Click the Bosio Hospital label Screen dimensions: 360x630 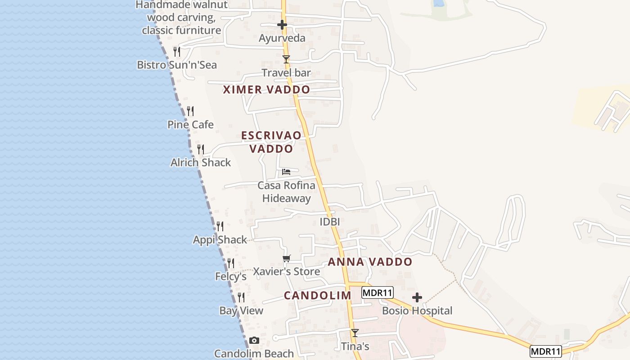coord(417,310)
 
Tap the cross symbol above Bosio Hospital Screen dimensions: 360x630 coord(417,297)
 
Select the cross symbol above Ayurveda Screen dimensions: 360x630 coord(282,25)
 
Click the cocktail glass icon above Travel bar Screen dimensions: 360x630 coord(286,59)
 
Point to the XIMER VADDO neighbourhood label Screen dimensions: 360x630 coord(266,90)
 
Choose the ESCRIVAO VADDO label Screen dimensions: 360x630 coord(271,142)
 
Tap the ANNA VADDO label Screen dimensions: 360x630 coord(370,262)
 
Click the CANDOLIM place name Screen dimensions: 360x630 coord(317,296)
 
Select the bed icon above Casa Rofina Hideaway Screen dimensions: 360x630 coord(286,171)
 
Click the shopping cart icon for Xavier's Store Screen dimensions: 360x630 coord(286,258)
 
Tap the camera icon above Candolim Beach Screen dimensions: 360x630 coord(254,340)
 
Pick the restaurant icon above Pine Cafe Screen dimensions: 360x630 coord(190,110)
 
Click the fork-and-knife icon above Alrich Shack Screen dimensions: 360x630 coord(201,149)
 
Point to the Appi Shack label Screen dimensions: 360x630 coord(220,240)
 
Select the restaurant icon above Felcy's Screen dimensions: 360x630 coord(231,263)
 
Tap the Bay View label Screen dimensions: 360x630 coord(241,310)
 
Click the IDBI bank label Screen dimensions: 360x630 coord(329,222)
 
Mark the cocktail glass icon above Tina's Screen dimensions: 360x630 coord(355,333)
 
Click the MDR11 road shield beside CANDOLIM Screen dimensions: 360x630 coord(378,293)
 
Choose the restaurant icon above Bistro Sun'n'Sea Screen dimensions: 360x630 coord(177,51)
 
